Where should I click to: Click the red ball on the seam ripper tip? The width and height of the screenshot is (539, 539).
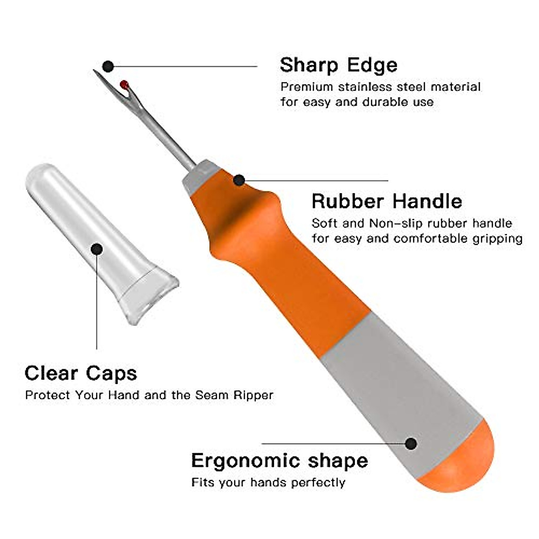[x=124, y=84]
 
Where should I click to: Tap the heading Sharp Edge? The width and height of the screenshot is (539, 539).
[x=339, y=65]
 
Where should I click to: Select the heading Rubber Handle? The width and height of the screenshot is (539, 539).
[x=387, y=201]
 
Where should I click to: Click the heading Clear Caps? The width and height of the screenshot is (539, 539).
[x=81, y=373]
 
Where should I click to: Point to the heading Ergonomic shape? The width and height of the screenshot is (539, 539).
[x=279, y=461]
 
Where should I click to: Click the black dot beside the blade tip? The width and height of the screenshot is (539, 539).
[x=108, y=67]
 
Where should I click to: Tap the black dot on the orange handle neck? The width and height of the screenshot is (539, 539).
[x=239, y=180]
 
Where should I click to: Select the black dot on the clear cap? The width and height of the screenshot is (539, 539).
[x=97, y=249]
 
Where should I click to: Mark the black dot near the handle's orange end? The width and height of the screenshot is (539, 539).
[x=411, y=444]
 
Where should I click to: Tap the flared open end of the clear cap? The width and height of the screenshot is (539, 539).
[x=148, y=296]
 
